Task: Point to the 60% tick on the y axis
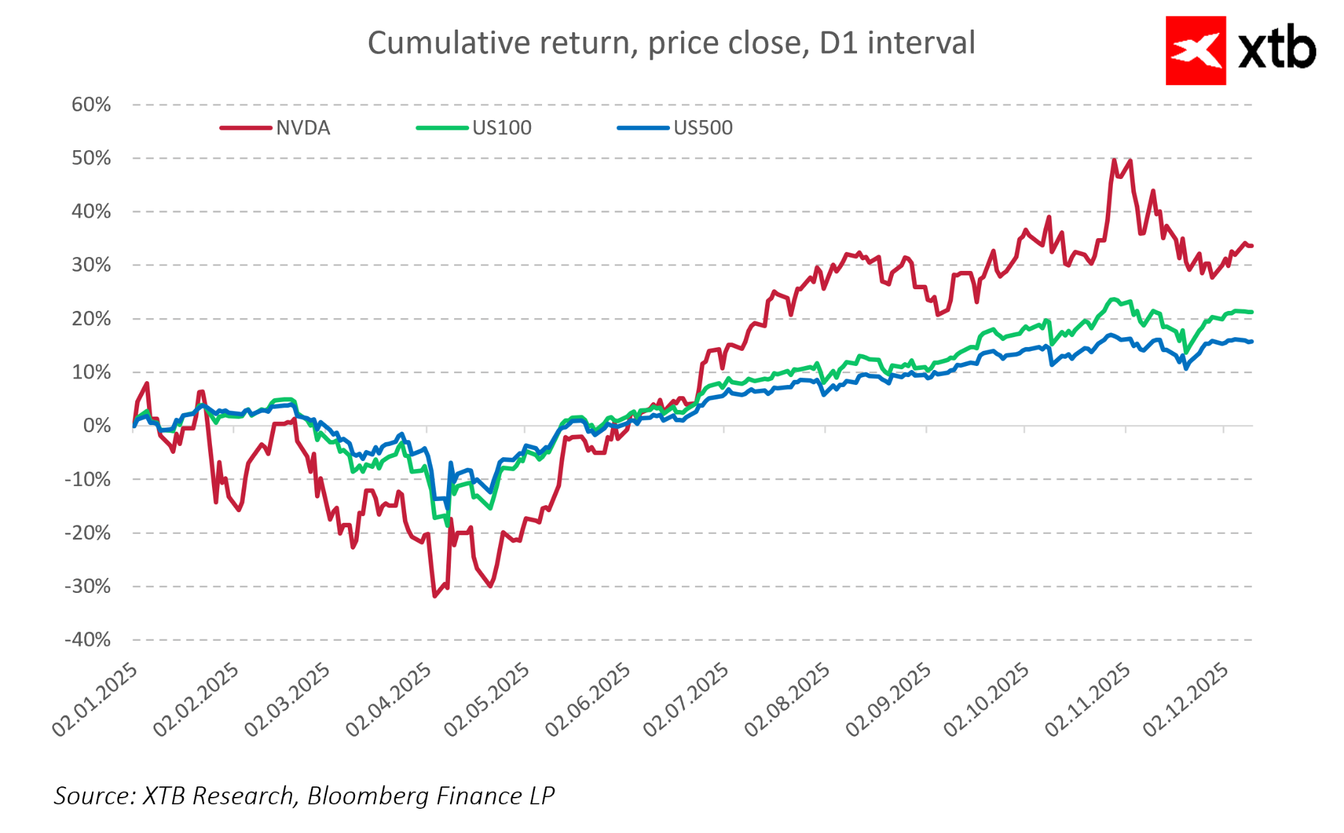[x=92, y=105]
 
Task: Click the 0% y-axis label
[x=97, y=426]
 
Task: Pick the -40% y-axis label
[x=88, y=640]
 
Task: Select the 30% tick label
[x=92, y=266]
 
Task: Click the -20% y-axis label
[x=88, y=533]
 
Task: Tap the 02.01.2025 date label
[x=95, y=700]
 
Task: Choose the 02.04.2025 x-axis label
[x=388, y=700]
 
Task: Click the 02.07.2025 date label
[x=686, y=700]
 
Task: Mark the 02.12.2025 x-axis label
[x=1186, y=700]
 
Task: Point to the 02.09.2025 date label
[x=888, y=700]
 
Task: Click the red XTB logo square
[x=1195, y=51]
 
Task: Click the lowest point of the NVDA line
[x=434, y=596]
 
